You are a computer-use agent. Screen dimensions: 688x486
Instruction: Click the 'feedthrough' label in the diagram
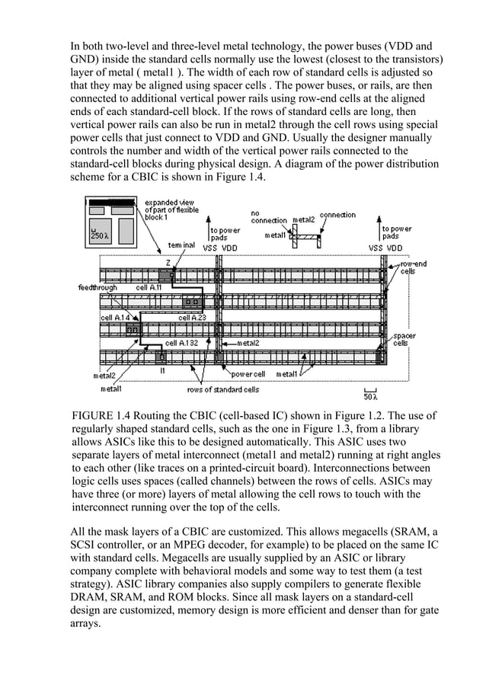click(x=98, y=288)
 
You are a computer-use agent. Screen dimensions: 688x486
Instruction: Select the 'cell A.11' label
click(x=149, y=288)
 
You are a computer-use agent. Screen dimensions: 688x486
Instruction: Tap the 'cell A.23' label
click(x=191, y=317)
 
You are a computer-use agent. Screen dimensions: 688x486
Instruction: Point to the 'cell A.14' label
click(x=116, y=317)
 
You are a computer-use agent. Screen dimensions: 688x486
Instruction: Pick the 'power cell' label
click(x=248, y=374)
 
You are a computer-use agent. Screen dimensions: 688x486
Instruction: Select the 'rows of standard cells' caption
click(x=222, y=389)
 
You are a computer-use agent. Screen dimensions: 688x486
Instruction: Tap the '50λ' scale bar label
click(x=370, y=395)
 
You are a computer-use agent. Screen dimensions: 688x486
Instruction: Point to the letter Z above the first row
click(x=168, y=262)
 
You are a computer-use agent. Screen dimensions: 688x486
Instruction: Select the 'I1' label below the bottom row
click(x=162, y=370)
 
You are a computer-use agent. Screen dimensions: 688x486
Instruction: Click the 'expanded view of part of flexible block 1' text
click(x=168, y=210)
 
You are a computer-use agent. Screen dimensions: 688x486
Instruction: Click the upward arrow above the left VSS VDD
click(x=209, y=232)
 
